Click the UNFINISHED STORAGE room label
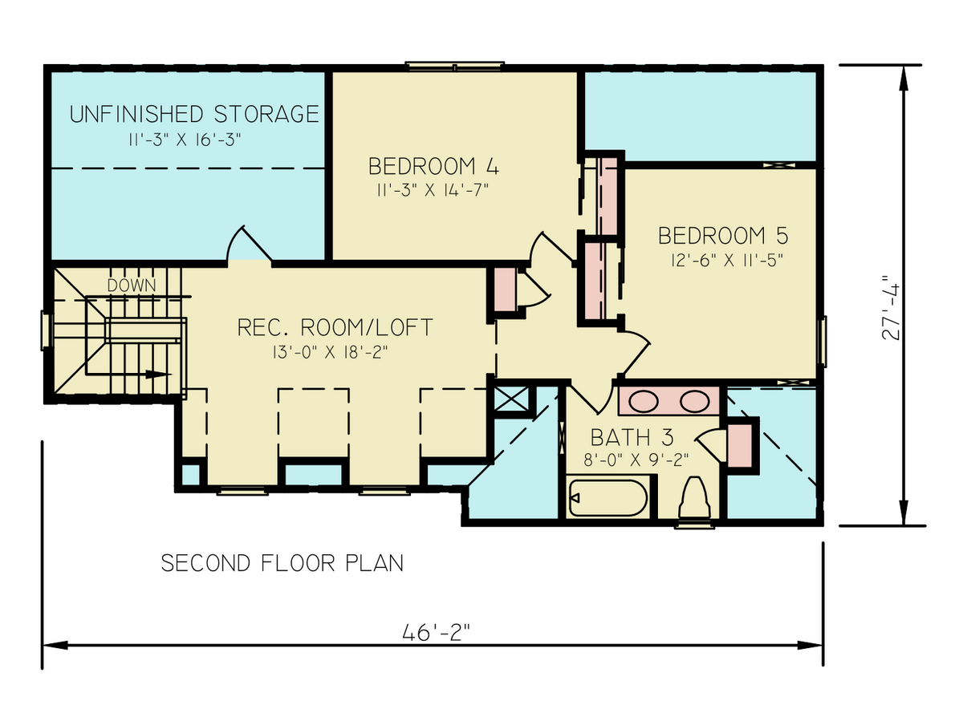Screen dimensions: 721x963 tap(193, 114)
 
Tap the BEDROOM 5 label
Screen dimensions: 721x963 tap(723, 236)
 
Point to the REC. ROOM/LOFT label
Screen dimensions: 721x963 tap(335, 327)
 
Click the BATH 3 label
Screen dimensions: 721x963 tap(632, 438)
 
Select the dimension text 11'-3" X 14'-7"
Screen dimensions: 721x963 tap(432, 190)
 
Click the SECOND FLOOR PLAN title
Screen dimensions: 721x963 tap(282, 564)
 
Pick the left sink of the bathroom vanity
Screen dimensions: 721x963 tap(643, 400)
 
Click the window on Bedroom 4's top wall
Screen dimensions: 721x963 tap(454, 66)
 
